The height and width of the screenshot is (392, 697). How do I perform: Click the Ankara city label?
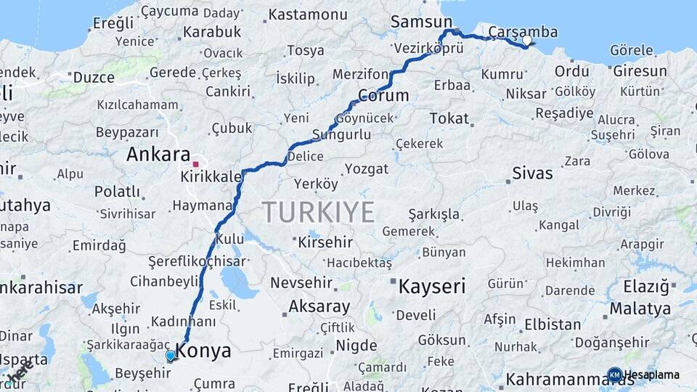pos(153,155)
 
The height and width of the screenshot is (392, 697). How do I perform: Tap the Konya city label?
pos(204,351)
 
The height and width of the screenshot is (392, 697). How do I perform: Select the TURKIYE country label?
pos(318,212)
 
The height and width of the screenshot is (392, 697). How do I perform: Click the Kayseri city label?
pos(431,286)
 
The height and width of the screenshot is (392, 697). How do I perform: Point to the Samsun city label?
pos(421,22)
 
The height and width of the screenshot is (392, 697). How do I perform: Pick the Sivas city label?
pos(532,173)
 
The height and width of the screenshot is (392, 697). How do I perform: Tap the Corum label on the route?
pos(383,95)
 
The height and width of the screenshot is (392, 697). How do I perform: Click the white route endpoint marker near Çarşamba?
pos(527,41)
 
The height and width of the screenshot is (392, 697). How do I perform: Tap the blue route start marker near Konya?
pos(170,356)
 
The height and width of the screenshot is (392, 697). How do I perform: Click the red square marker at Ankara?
pos(195,154)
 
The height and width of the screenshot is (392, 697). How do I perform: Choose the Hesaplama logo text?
pos(652,375)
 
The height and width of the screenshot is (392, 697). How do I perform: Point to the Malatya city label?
pos(640,309)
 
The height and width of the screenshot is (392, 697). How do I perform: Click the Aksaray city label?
pos(319,306)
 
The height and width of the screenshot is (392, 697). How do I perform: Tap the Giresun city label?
pos(640,71)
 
